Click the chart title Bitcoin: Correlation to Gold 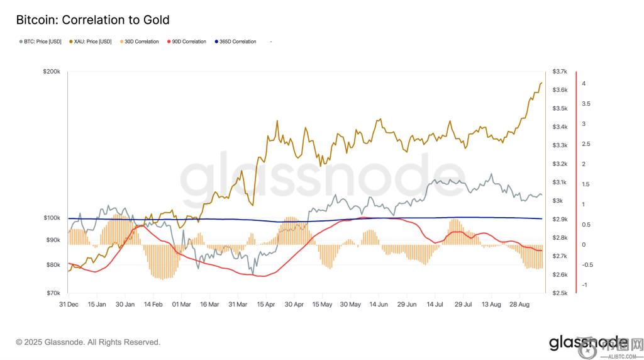(92, 21)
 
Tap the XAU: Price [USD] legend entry (93, 42)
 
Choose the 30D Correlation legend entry (142, 42)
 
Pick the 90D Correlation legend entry (189, 42)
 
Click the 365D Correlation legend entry (238, 42)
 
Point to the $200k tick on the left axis (51, 72)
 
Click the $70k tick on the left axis (52, 293)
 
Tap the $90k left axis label (52, 240)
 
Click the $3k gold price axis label (557, 201)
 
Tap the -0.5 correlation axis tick (587, 265)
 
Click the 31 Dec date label (69, 304)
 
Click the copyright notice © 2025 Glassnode (88, 342)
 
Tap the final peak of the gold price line (541, 83)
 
